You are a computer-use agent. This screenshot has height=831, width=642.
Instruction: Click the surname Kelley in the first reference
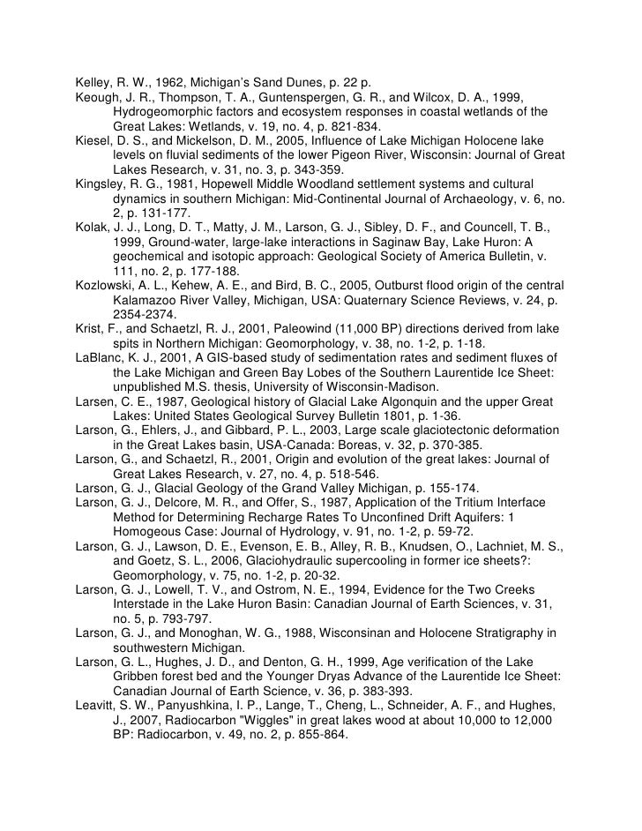[93, 81]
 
